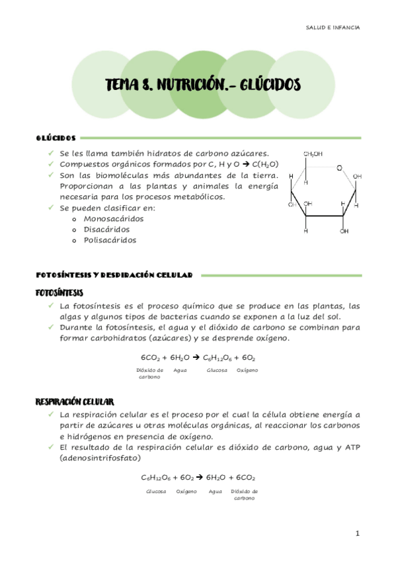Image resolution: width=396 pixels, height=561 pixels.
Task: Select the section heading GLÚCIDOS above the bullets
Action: pos(56,138)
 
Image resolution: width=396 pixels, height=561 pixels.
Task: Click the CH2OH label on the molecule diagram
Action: pos(313,154)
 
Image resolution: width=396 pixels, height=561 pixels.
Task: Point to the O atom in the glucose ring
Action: pos(339,168)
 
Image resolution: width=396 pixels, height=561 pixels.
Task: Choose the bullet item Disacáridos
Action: pos(106,229)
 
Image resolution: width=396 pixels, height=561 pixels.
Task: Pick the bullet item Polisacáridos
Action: pos(110,240)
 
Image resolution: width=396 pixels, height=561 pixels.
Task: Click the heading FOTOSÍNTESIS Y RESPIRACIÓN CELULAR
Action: pos(114,274)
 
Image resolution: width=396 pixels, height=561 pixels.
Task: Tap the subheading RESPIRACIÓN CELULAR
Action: pos(75,402)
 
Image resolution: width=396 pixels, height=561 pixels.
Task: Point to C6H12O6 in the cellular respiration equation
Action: pos(156,477)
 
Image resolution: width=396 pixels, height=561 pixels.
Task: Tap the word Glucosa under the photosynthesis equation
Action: pos(217,370)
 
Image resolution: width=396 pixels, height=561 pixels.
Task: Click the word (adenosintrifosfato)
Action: pos(99,458)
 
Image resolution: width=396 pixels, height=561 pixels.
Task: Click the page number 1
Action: pos(356,533)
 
